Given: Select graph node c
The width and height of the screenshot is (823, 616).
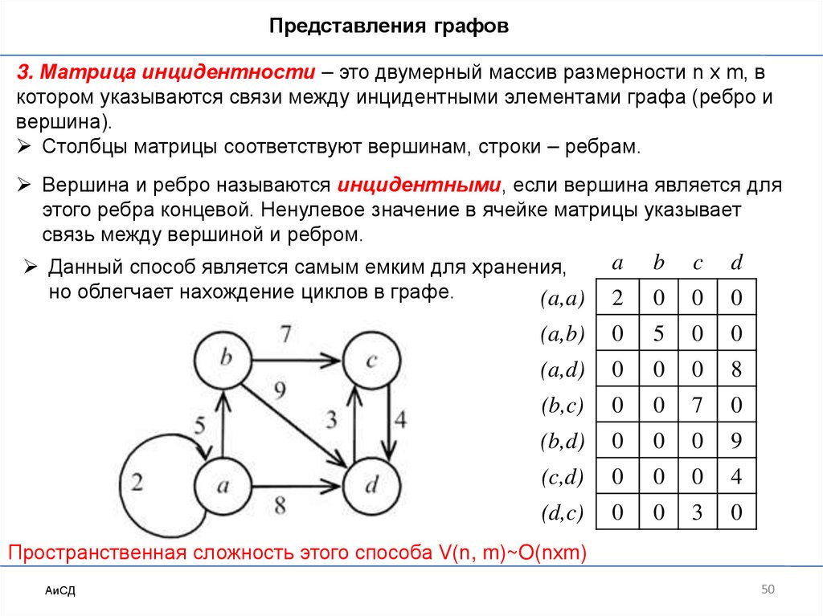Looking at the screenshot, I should [372, 361].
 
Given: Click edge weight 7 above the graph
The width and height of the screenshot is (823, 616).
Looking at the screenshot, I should [286, 332].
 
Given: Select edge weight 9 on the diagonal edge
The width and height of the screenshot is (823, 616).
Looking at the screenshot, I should [280, 392].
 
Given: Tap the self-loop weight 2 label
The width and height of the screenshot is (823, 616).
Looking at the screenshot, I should [137, 483].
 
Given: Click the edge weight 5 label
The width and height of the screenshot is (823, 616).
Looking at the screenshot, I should [200, 425].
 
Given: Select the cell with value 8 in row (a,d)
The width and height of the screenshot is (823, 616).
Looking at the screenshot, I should [736, 370].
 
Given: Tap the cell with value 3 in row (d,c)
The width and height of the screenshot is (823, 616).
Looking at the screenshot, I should [697, 512].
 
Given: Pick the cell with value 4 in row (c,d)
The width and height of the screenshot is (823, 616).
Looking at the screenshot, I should [736, 477].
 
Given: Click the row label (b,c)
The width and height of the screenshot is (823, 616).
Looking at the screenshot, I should [562, 406].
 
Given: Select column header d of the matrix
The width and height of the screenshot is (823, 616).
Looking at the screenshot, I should [736, 263].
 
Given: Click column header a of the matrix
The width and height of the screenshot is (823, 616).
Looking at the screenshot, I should [617, 263].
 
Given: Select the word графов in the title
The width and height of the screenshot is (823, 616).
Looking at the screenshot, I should [473, 27].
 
